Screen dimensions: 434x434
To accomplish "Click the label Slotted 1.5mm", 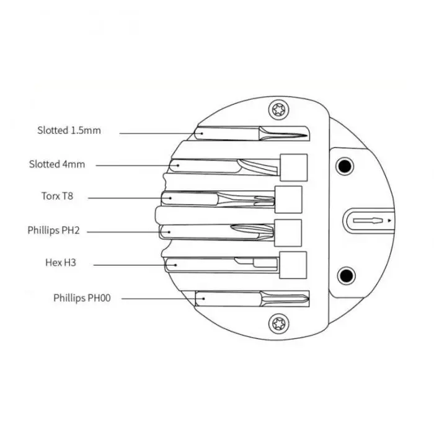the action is (68, 131).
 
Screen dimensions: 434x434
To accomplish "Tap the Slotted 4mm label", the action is (56, 164).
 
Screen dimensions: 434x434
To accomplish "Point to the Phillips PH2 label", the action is (53, 231).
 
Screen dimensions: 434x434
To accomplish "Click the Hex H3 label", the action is (61, 263).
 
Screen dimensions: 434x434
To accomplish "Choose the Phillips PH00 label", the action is (81, 298).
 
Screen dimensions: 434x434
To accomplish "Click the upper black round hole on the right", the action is (344, 166).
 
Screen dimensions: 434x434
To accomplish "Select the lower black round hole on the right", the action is (344, 275).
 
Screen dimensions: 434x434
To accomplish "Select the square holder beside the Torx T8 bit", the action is (288, 199).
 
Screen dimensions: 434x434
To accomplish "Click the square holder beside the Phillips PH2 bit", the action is (288, 232).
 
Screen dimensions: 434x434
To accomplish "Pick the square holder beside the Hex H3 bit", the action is (294, 265).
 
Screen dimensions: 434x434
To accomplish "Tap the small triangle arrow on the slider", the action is (389, 221).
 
